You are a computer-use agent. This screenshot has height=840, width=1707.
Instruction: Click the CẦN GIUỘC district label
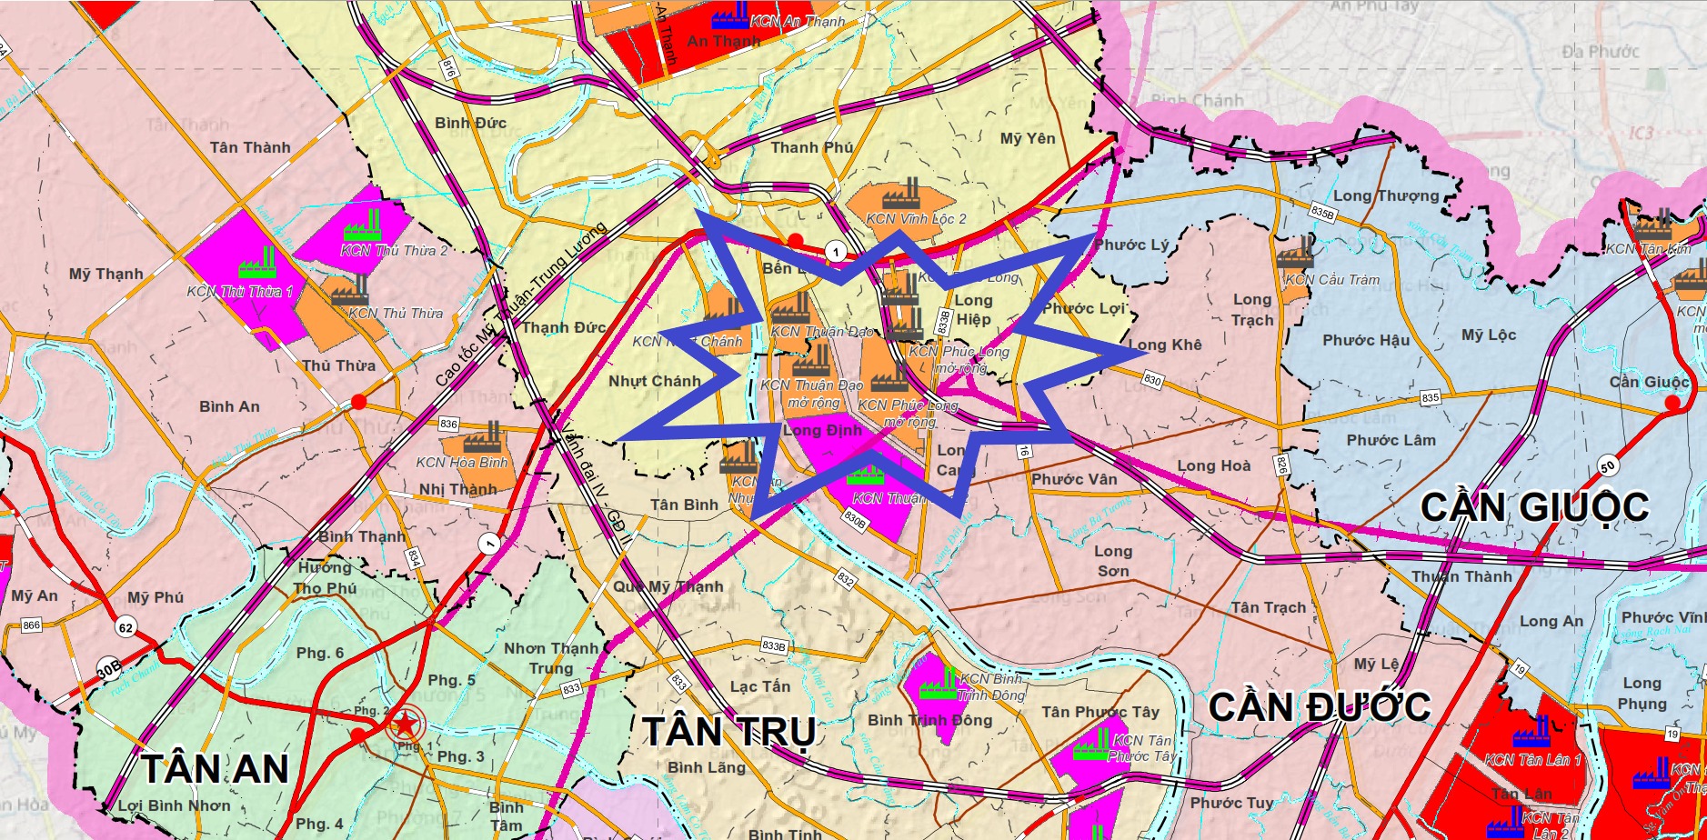pyautogui.click(x=1534, y=507)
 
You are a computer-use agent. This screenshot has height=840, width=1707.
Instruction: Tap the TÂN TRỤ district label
pyautogui.click(x=729, y=732)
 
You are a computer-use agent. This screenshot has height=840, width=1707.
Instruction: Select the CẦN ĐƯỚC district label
pyautogui.click(x=1320, y=706)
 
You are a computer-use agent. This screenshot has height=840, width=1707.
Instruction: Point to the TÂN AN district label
pyautogui.click(x=216, y=769)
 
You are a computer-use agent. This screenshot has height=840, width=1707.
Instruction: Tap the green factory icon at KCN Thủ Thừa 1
pyautogui.click(x=257, y=263)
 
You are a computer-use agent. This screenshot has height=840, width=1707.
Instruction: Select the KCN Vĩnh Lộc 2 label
pyautogui.click(x=916, y=219)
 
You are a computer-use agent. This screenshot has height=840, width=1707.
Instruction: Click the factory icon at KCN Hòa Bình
pyautogui.click(x=483, y=439)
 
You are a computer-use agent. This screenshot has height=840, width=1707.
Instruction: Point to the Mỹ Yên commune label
pyautogui.click(x=1028, y=139)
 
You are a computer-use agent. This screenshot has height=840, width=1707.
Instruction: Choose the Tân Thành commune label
pyautogui.click(x=250, y=147)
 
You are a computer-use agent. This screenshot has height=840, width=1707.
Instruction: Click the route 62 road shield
pyautogui.click(x=126, y=627)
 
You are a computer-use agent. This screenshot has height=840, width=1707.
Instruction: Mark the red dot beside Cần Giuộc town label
pyautogui.click(x=1672, y=403)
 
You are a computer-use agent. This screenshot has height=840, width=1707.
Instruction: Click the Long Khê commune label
pyautogui.click(x=1165, y=345)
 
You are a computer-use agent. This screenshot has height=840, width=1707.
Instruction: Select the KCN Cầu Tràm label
pyautogui.click(x=1331, y=280)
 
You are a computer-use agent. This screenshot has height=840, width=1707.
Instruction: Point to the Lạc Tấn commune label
pyautogui.click(x=760, y=686)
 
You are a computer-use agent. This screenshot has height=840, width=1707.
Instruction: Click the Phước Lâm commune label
pyautogui.click(x=1391, y=440)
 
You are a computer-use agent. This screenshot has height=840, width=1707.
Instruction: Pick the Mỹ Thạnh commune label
pyautogui.click(x=106, y=274)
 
